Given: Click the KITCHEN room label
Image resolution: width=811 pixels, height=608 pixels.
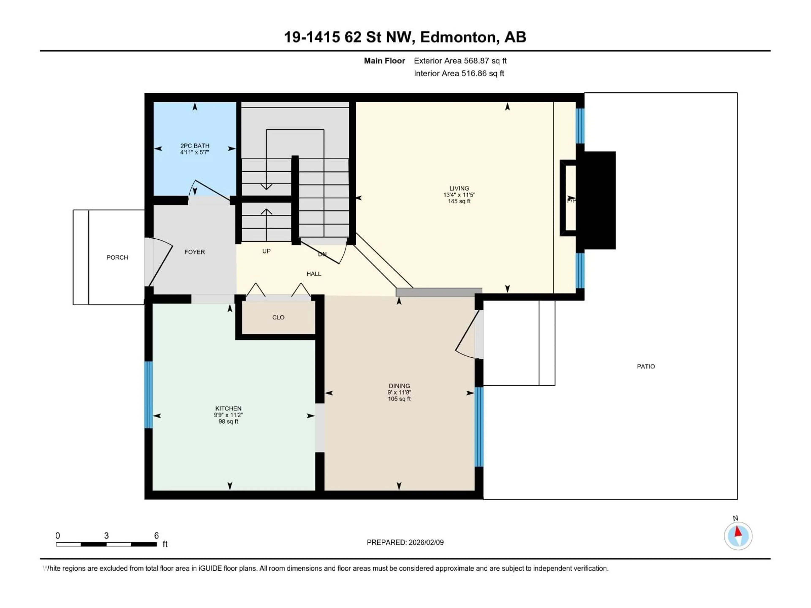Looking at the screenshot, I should tap(228, 408).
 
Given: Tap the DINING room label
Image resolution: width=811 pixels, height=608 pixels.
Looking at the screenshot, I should tap(399, 386).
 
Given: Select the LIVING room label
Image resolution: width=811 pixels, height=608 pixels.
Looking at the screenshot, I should tap(459, 188).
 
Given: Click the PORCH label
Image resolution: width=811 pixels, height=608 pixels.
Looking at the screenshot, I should tap(117, 258).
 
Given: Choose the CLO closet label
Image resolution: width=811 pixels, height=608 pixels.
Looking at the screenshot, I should tap(278, 317).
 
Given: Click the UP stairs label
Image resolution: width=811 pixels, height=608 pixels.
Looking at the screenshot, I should tap(267, 251).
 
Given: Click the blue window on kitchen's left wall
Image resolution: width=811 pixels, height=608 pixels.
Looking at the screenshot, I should tap(148, 395).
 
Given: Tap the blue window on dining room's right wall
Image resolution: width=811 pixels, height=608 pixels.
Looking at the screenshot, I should tap(479, 427).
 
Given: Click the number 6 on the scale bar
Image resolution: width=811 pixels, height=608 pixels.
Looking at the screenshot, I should tap(156, 535).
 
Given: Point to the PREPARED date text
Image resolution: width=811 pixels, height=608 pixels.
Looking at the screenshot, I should tap(405, 542).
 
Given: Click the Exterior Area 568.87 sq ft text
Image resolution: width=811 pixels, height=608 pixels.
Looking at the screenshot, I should tap(460, 61).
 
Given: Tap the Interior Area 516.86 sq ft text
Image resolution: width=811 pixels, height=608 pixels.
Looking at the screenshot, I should tap(459, 73).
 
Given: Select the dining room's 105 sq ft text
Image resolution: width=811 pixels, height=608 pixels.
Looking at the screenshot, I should tap(399, 399).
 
